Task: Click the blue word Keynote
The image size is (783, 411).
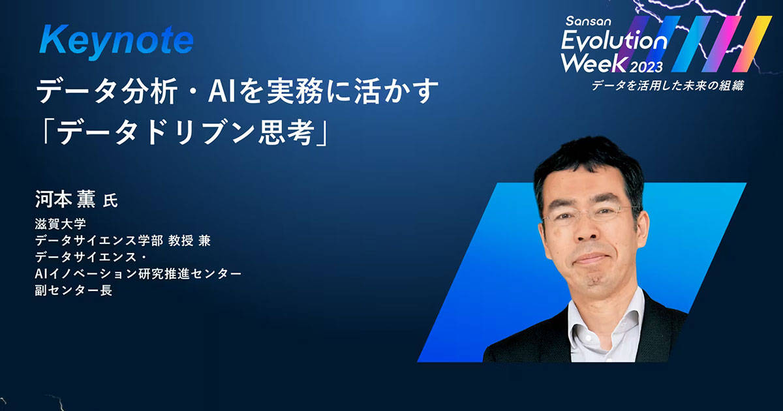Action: point(116,42)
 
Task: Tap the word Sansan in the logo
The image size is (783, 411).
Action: point(589,22)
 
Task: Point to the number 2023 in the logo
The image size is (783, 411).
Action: point(647,67)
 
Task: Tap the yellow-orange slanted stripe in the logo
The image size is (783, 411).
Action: point(752,44)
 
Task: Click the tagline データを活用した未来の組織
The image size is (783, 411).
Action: point(668,85)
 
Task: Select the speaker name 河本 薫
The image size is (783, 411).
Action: point(65,200)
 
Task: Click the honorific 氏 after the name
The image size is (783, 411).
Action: point(110,201)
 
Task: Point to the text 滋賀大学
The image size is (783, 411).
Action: point(61,224)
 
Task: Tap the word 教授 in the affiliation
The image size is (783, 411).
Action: point(181,241)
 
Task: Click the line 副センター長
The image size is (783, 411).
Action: point(73,290)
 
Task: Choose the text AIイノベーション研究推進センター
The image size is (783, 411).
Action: point(138,273)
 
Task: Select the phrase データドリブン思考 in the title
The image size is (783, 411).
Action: point(185,134)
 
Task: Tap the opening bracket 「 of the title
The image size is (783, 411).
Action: point(46,132)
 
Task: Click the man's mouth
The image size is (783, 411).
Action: point(591,259)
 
